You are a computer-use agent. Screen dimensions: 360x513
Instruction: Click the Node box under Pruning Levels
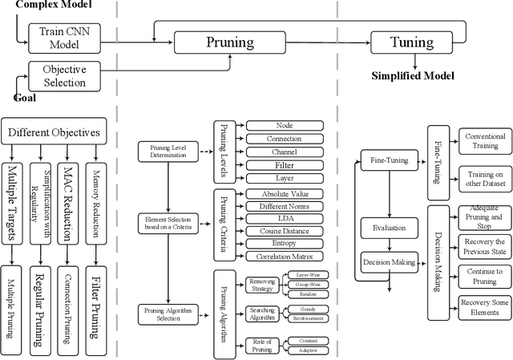coord(284,125)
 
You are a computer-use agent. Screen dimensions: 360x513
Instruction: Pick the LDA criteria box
coord(284,218)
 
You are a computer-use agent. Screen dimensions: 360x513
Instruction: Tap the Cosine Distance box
coord(284,231)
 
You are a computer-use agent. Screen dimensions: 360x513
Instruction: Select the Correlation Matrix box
coord(284,257)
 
